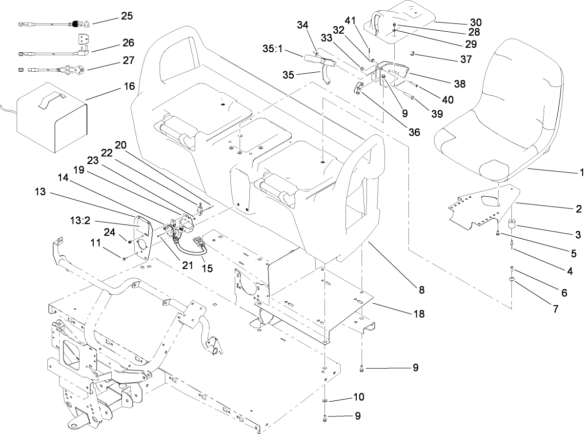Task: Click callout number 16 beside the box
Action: tap(129, 86)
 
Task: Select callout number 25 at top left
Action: tap(126, 17)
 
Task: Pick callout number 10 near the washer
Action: tap(359, 397)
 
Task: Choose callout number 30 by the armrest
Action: tap(475, 22)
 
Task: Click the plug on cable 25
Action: tap(76, 22)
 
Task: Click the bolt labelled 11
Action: tap(124, 259)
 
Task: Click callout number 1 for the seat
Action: tap(581, 172)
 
